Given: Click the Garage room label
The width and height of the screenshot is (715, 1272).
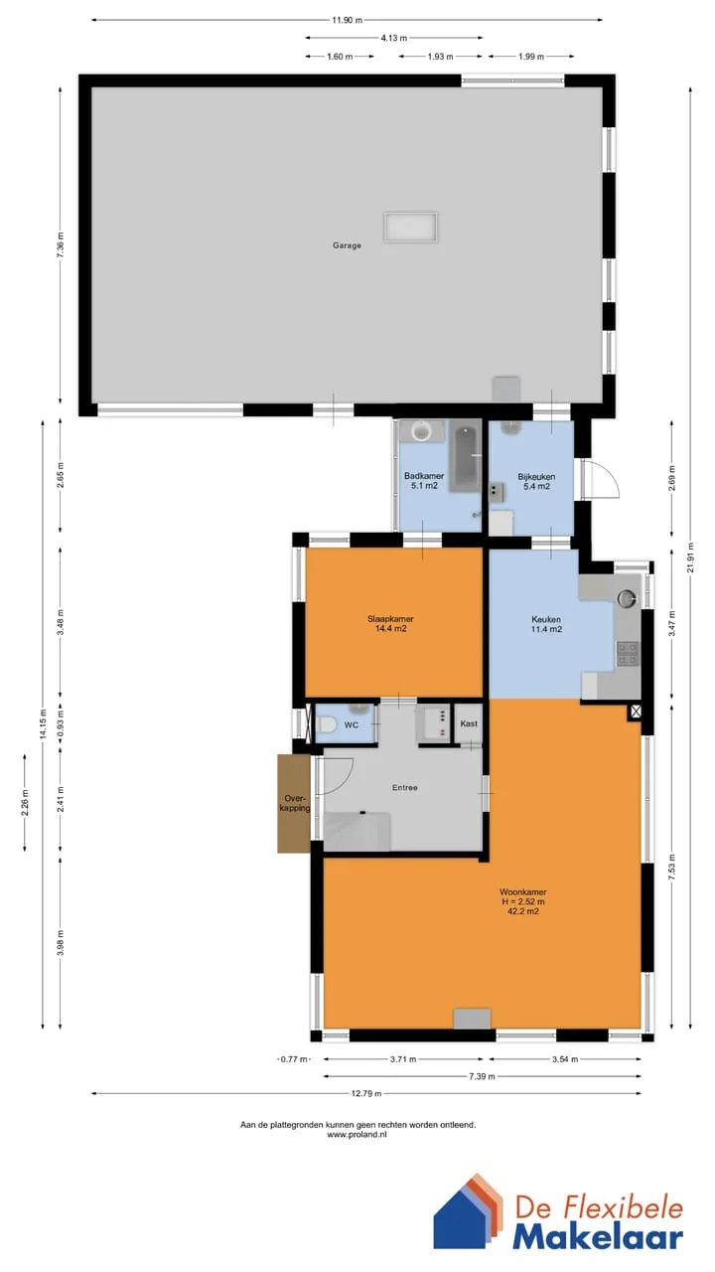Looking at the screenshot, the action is coord(347,245).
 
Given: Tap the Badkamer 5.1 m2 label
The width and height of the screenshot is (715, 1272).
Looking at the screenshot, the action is coord(424,481).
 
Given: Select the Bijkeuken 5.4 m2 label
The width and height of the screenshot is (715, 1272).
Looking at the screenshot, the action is coord(536,482).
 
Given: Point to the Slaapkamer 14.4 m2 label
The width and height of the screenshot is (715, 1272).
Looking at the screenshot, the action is coord(390,623).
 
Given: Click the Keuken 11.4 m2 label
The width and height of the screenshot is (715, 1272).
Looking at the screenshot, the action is coord(546,624).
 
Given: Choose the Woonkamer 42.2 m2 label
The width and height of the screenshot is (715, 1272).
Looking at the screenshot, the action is coord(522,901).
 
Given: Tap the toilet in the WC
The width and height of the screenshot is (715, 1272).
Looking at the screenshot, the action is coord(326,725).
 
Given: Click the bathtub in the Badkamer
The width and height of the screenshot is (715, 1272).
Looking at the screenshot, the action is coord(466,459).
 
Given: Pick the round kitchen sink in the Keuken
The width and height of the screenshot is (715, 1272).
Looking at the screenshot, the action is coord(627,598).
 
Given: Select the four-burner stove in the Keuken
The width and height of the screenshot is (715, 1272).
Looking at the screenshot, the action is coord(627,654).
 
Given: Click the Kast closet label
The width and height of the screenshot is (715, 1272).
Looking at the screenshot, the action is coord(469,723).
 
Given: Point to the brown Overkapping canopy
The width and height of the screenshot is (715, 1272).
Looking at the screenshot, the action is coord(294,804).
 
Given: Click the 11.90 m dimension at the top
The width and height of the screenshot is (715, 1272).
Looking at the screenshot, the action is coord(347,20).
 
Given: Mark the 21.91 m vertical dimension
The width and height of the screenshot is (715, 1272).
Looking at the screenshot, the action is coord(690,558).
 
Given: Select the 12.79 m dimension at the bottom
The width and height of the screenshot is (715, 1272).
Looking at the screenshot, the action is coord(366,1093).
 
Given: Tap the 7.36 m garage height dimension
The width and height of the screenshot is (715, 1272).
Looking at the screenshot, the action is coord(61,245).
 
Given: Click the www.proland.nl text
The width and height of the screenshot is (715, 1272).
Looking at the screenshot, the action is coord(357,1134).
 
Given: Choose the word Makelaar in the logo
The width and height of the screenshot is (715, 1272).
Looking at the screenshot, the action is coord(598,1237).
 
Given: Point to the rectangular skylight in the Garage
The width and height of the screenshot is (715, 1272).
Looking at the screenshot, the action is coord(411,228).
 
